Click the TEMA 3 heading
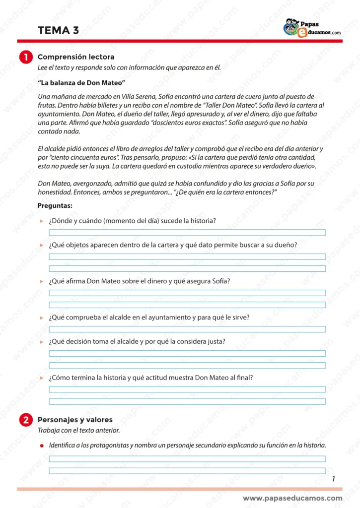pyautogui.click(x=58, y=30)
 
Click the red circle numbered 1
pyautogui.click(x=26, y=57)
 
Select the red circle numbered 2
pyautogui.click(x=26, y=420)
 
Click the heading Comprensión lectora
pyautogui.click(x=76, y=57)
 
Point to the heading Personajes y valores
pyautogui.click(x=75, y=420)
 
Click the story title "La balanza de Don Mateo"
pyautogui.click(x=81, y=82)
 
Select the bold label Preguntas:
pyautogui.click(x=55, y=205)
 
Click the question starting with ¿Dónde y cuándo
pyautogui.click(x=132, y=220)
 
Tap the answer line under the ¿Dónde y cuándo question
pyautogui.click(x=187, y=232)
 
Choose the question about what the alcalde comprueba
pyautogui.click(x=149, y=317)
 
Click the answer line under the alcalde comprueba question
pyautogui.click(x=187, y=329)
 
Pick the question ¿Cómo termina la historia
pyautogui.click(x=151, y=378)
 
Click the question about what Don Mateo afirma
pyautogui.click(x=140, y=281)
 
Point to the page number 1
pyautogui.click(x=334, y=479)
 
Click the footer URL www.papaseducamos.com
pyautogui.click(x=292, y=498)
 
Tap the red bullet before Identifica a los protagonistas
pyautogui.click(x=42, y=445)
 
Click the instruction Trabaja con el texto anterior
pyautogui.click(x=78, y=430)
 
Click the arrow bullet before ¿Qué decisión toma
pyautogui.click(x=42, y=342)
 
